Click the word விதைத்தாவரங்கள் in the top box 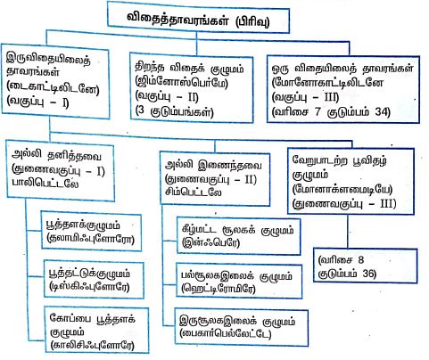tap(178, 19)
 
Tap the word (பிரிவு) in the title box tap(252, 21)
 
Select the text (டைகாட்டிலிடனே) tap(53, 88)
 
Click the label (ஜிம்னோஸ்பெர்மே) tap(181, 82)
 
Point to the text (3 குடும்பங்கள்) tap(174, 111)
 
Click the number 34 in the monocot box tap(382, 111)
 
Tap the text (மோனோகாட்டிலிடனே tap(327, 83)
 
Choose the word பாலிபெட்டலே tap(45, 184)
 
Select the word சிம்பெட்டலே tap(194, 192)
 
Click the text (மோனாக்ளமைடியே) tap(342, 189)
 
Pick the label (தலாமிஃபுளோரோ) tap(90, 238)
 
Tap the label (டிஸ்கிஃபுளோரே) tap(90, 286)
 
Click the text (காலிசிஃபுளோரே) tap(93, 345)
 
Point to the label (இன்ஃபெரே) tap(210, 242)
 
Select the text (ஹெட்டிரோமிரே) tap(219, 289)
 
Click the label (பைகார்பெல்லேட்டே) tap(226, 333)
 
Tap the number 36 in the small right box tap(369, 274)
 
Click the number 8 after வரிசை tap(360, 260)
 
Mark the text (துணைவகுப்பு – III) tap(344, 204)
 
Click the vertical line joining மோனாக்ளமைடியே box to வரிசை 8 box tap(348, 232)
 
